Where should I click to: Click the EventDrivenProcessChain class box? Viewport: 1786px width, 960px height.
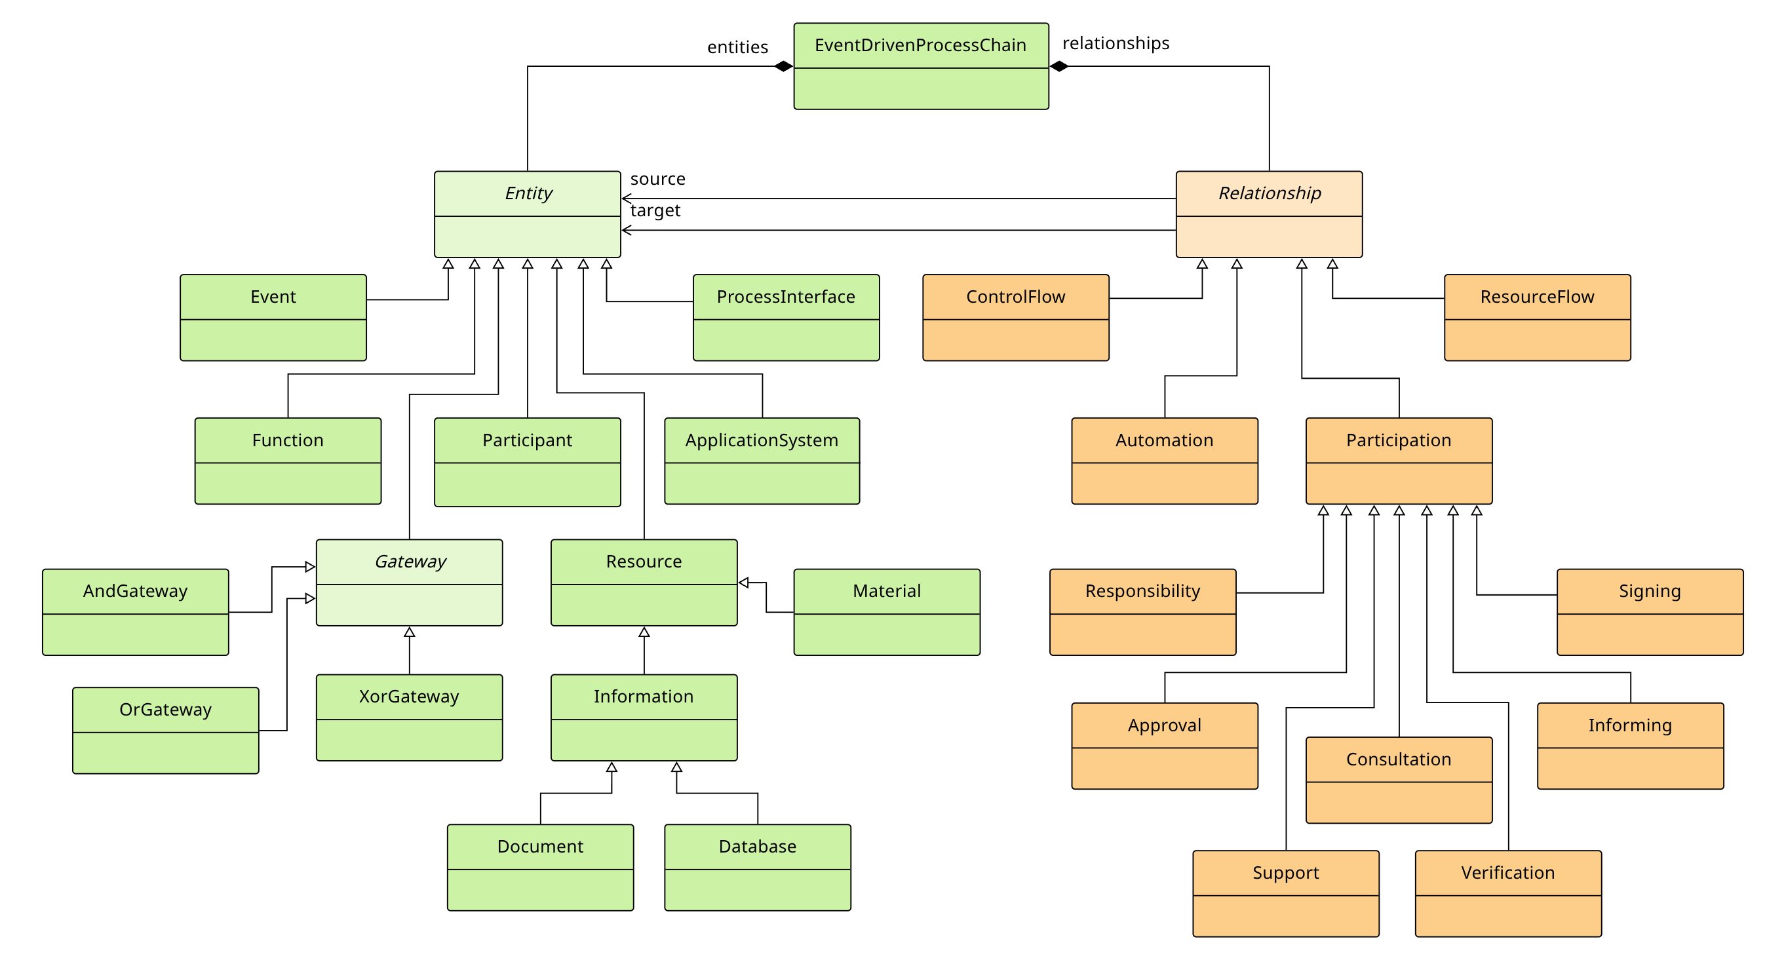pos(921,67)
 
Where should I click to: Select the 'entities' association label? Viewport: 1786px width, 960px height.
pos(737,47)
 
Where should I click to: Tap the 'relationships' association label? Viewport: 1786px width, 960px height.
pos(1116,43)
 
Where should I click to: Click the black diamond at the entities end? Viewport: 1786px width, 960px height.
pos(783,67)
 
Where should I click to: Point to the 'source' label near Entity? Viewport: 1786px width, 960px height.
pos(657,179)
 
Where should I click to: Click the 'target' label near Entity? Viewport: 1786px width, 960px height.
pos(655,210)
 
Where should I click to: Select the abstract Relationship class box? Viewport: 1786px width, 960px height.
pos(1269,214)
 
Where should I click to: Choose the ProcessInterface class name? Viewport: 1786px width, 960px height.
pos(786,297)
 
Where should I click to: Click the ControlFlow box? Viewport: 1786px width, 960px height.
pos(1015,317)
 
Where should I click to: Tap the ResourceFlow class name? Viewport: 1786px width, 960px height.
pos(1537,297)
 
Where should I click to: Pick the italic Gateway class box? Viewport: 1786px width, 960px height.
pos(409,583)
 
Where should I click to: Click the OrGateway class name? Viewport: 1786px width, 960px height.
pos(165,709)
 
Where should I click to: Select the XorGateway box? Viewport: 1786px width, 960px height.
pos(409,718)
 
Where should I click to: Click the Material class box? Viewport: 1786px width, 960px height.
pos(886,612)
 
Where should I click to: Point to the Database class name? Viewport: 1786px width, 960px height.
pos(757,847)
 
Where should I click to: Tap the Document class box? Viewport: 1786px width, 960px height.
pos(540,867)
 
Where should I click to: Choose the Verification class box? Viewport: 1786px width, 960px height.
pos(1508,893)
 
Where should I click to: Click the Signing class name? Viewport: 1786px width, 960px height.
pos(1650,591)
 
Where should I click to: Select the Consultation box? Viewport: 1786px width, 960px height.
pos(1399,780)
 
